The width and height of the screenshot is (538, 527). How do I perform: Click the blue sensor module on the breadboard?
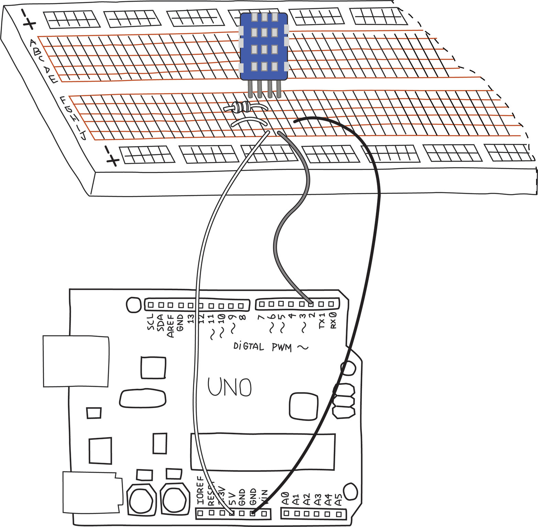[264, 46]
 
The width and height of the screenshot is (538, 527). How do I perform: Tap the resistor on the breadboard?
[242, 108]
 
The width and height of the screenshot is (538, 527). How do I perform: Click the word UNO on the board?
[229, 387]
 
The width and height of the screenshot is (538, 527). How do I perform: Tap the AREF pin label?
[171, 326]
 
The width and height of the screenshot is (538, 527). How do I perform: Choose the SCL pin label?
[151, 322]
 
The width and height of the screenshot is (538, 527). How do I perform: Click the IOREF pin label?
[200, 491]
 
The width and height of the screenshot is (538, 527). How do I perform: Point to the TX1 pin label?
[322, 321]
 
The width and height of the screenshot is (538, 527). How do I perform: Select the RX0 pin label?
[333, 320]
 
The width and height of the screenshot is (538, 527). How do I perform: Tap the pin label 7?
[262, 317]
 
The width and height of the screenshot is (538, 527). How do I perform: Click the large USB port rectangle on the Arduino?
[76, 361]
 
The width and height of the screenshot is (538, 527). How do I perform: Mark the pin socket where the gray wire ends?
[311, 304]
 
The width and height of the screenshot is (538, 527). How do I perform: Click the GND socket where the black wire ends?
[253, 513]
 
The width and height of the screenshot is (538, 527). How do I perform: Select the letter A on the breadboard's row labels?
[33, 43]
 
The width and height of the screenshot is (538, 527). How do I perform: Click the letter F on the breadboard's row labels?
[63, 100]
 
